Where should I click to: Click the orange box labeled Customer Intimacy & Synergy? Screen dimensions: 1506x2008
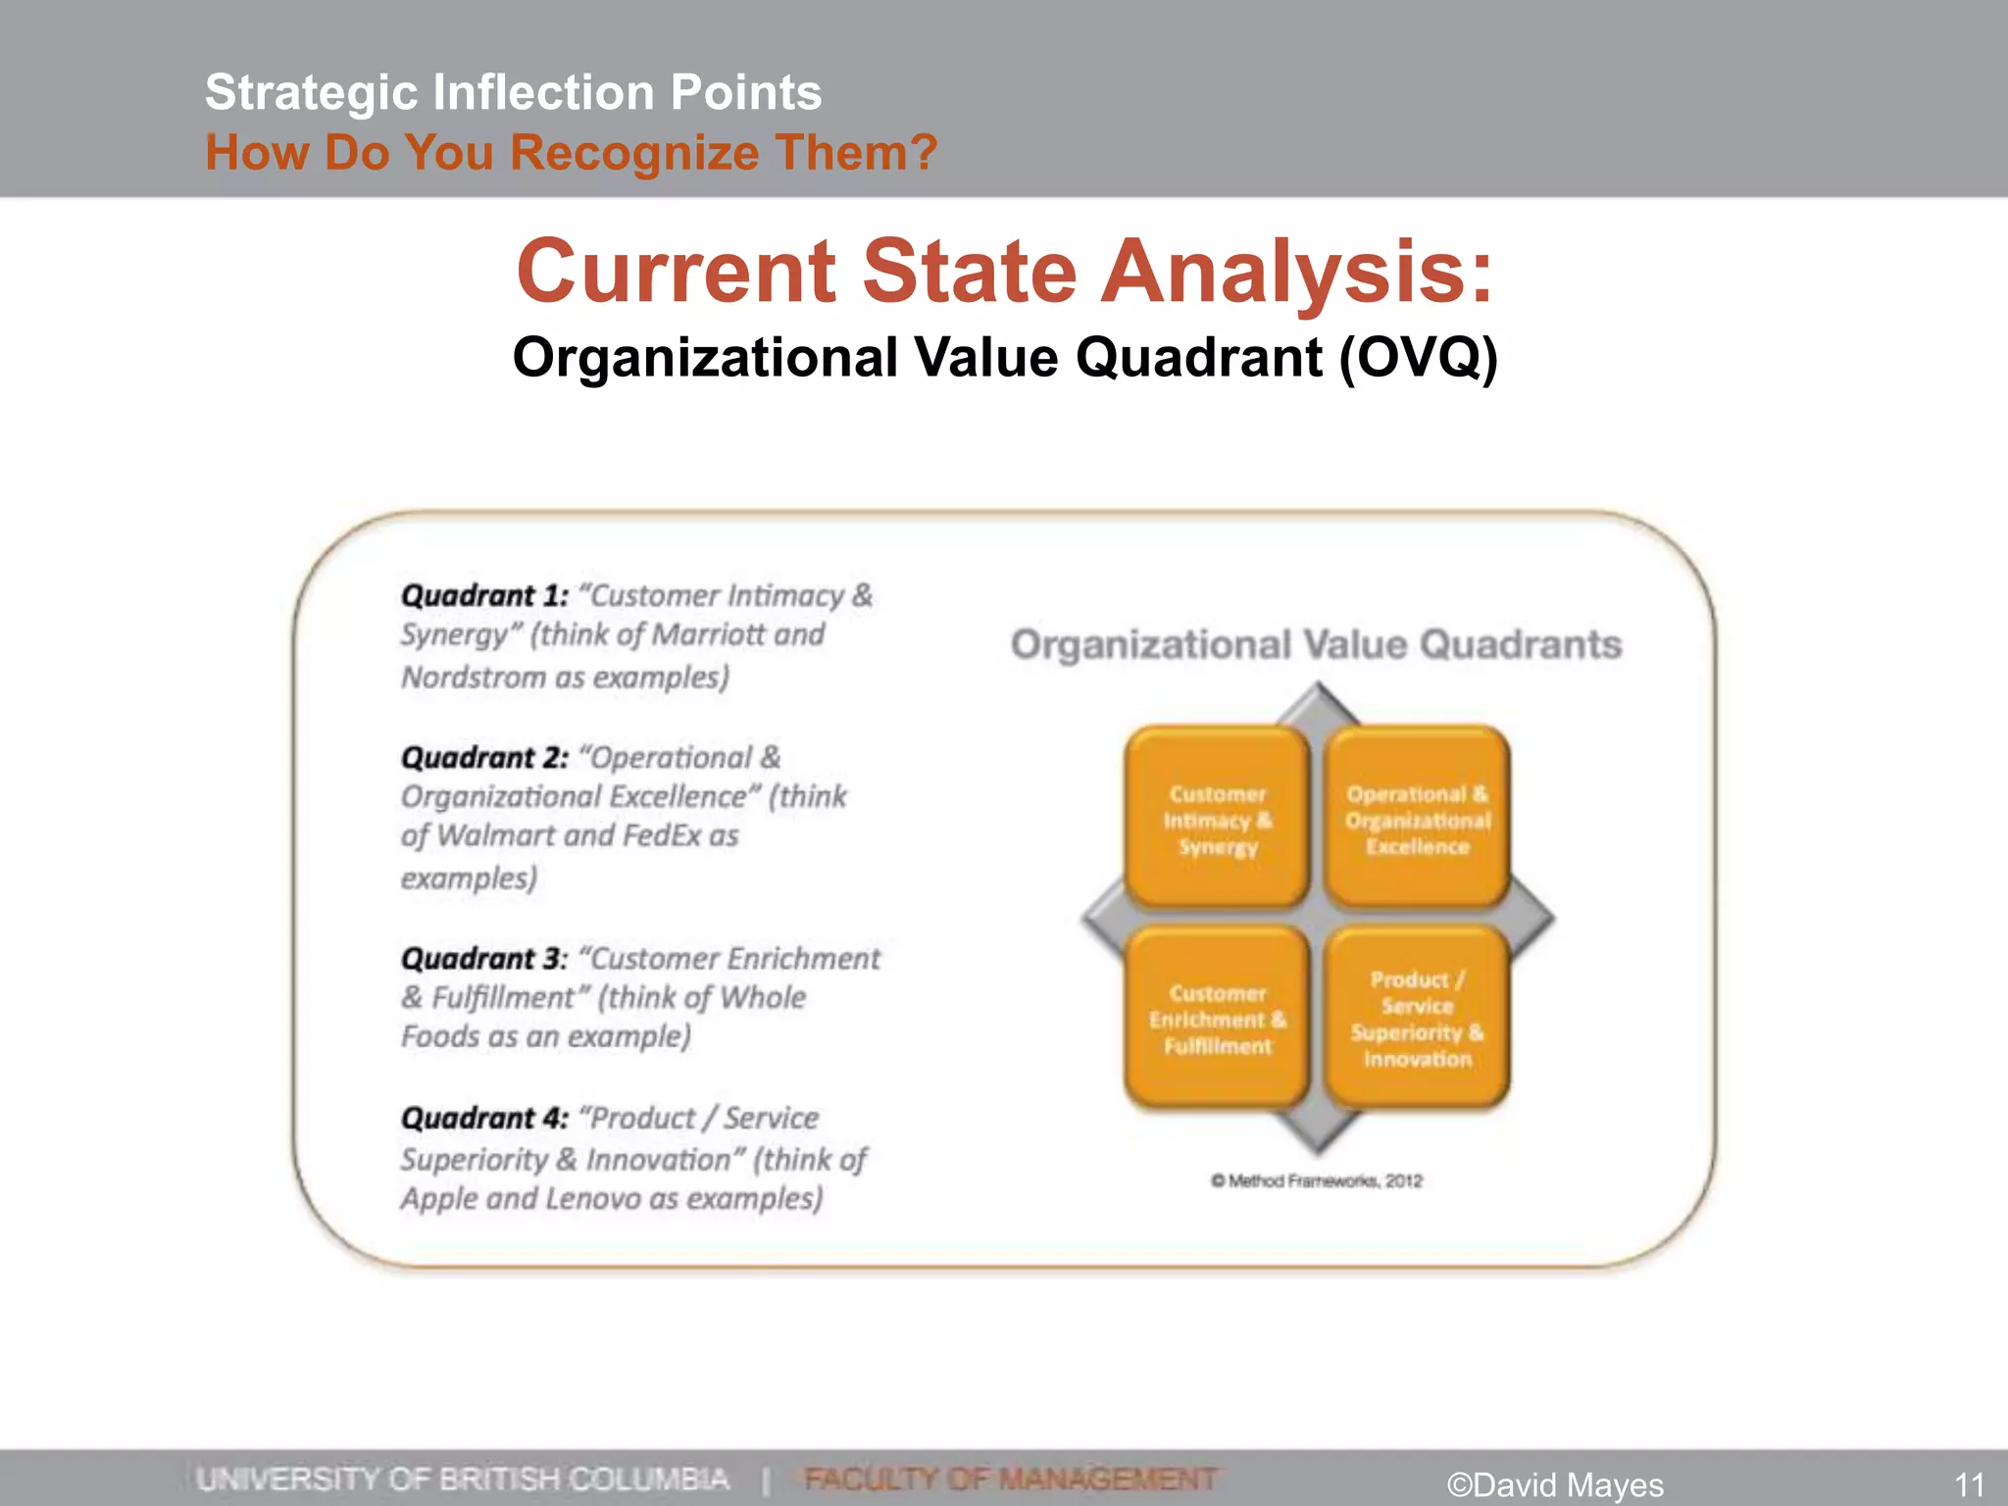point(1217,819)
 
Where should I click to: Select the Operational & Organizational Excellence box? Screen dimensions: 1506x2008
point(1417,819)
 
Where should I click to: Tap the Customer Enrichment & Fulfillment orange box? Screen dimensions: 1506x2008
point(1217,1019)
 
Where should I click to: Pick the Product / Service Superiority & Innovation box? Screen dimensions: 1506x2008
point(1417,1019)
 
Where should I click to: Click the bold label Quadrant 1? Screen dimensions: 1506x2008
point(484,595)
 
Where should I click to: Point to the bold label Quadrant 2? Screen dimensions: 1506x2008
point(484,757)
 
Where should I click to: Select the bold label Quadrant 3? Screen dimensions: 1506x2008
point(484,958)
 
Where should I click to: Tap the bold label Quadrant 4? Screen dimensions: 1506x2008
point(484,1118)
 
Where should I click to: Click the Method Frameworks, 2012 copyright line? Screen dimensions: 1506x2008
point(1317,1180)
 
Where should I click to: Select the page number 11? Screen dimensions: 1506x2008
point(1969,1484)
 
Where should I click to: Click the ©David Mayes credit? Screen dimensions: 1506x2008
point(1555,1484)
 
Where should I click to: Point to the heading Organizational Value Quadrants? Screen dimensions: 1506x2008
point(1316,644)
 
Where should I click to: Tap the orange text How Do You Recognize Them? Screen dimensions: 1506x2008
point(571,153)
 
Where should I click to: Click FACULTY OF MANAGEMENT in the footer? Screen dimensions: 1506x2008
point(1010,1478)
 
